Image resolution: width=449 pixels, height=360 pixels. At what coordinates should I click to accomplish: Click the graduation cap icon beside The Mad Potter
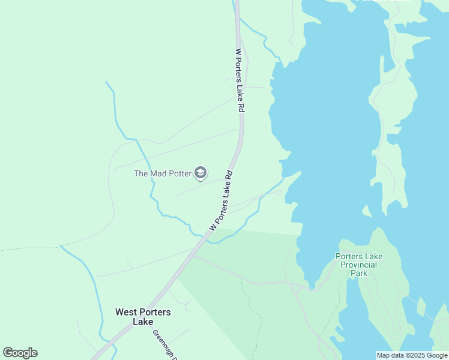click(x=200, y=174)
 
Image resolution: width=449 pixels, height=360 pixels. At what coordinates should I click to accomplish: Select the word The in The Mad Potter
click(x=140, y=174)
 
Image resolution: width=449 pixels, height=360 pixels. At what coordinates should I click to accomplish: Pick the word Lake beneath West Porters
click(x=143, y=322)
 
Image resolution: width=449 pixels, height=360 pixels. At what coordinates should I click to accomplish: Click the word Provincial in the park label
click(x=358, y=265)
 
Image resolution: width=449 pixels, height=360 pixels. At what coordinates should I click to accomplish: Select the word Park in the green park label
click(x=358, y=273)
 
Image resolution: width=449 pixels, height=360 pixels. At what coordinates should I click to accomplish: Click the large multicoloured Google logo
click(x=20, y=353)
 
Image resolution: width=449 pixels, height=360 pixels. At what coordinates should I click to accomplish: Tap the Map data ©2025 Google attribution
click(x=412, y=355)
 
